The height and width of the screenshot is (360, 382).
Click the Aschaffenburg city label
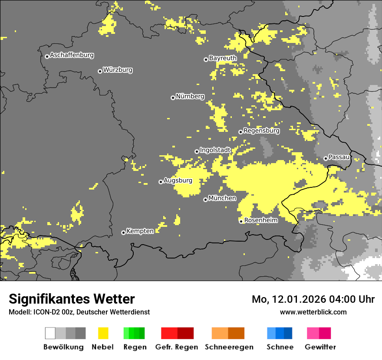72,56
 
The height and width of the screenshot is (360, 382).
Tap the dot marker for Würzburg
100,71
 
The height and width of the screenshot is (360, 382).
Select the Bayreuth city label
223,58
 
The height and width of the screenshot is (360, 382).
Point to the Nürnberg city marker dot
173,98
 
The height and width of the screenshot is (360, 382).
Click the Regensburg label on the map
261,131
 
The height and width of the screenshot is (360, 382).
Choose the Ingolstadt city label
215,150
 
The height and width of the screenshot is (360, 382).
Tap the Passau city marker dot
326,158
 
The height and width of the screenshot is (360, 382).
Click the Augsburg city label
178,180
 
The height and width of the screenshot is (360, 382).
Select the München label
222,198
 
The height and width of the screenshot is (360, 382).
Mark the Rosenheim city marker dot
241,221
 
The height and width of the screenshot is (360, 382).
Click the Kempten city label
140,231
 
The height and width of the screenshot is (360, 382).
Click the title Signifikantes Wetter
72,299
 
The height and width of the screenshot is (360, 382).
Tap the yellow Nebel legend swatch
103,333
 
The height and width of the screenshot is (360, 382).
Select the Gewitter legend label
320,347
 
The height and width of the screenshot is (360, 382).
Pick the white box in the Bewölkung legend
50,333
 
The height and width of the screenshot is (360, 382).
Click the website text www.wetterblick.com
313,312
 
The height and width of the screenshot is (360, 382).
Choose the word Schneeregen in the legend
229,347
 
